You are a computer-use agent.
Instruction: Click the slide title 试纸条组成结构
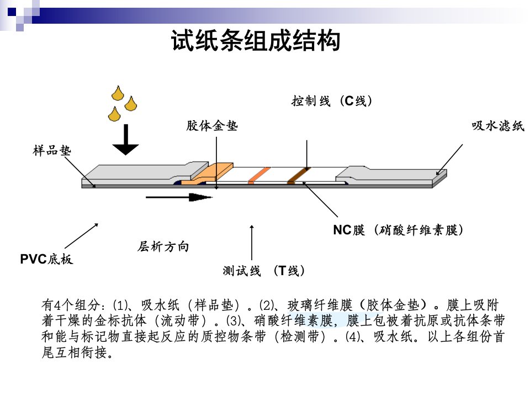coord(255,40)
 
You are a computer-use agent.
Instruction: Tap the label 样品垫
coord(52,150)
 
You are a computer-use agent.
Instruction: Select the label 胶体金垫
coord(212,126)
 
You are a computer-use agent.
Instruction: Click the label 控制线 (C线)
coord(332,100)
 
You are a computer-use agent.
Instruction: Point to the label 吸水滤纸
coord(498,126)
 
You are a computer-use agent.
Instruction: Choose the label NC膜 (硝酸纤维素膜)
coord(398,230)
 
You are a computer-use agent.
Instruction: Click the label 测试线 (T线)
coord(264,270)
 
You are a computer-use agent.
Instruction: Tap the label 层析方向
coord(163,246)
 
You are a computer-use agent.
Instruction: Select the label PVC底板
coord(46,259)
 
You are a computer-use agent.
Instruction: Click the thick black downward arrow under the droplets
coord(126,140)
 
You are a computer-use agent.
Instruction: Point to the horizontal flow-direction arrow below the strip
coord(179,197)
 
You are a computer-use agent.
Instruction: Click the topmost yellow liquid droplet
coord(118,93)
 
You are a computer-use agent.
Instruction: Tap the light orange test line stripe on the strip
coord(259,175)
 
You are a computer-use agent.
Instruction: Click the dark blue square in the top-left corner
coord(12,12)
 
